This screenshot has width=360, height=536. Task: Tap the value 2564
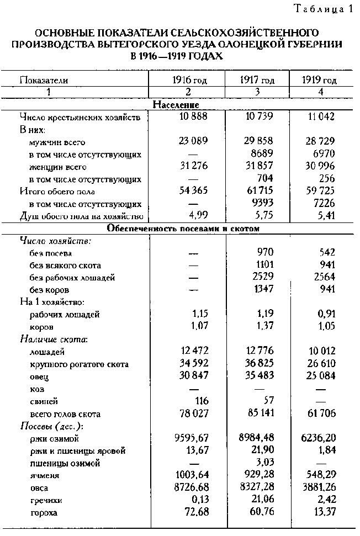(x=324, y=278)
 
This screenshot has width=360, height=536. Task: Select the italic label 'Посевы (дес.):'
(x=49, y=426)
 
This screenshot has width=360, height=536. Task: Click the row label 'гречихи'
(x=46, y=501)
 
